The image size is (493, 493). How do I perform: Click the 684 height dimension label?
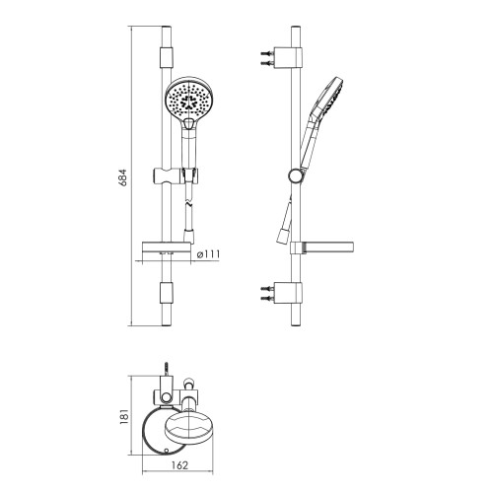click(122, 177)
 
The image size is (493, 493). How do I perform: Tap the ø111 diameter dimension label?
click(208, 254)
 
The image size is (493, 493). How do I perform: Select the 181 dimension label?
click(124, 417)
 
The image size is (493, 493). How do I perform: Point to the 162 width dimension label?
click(179, 465)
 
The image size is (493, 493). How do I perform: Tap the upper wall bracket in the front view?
click(167, 58)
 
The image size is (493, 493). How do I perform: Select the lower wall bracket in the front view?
click(167, 293)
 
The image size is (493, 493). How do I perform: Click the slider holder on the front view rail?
click(176, 176)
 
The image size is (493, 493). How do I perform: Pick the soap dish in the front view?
click(167, 247)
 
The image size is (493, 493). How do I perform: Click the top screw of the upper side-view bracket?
click(267, 53)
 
